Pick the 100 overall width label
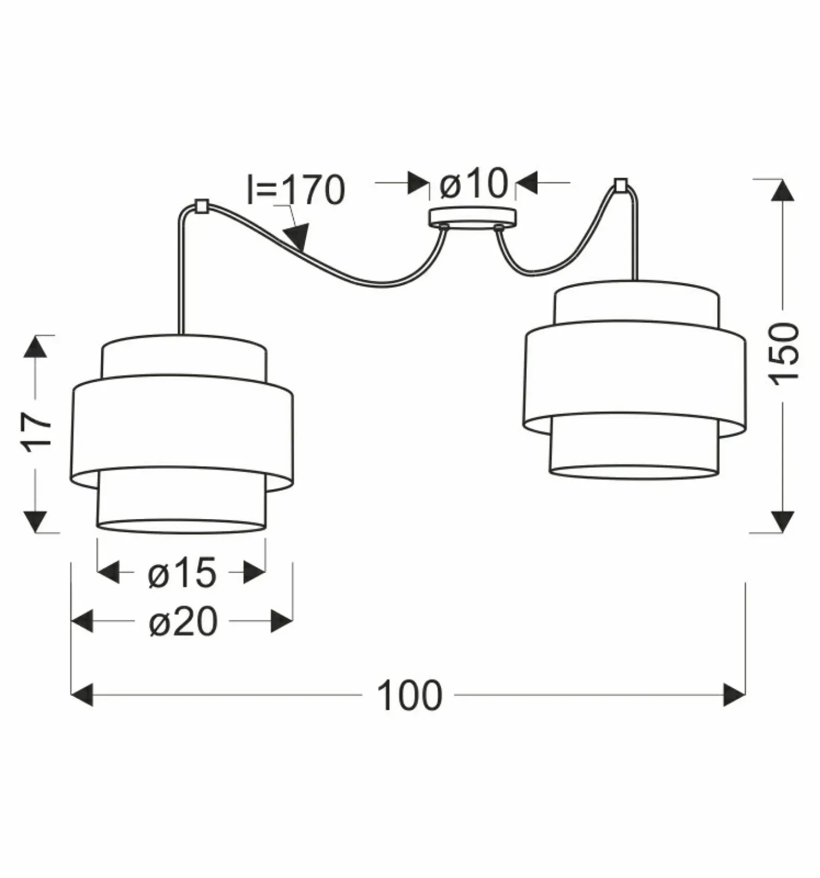click(x=409, y=696)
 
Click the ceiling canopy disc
click(x=473, y=217)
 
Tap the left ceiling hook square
click(x=201, y=206)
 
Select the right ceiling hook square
click(x=621, y=185)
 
